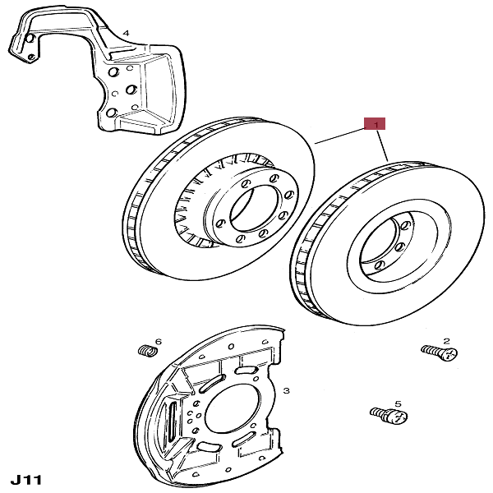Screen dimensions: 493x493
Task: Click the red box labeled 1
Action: click(x=376, y=125)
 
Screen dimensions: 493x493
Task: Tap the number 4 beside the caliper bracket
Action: click(x=126, y=33)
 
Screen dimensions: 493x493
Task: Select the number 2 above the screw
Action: click(x=446, y=339)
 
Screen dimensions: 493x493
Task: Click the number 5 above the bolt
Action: click(x=397, y=403)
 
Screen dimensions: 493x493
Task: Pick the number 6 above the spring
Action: click(x=158, y=341)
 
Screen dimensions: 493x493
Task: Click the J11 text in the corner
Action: click(x=26, y=477)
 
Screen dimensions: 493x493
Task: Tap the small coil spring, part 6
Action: click(x=146, y=352)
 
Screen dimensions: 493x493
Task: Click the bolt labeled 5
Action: click(x=389, y=416)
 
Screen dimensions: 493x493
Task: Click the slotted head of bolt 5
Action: click(x=398, y=418)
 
